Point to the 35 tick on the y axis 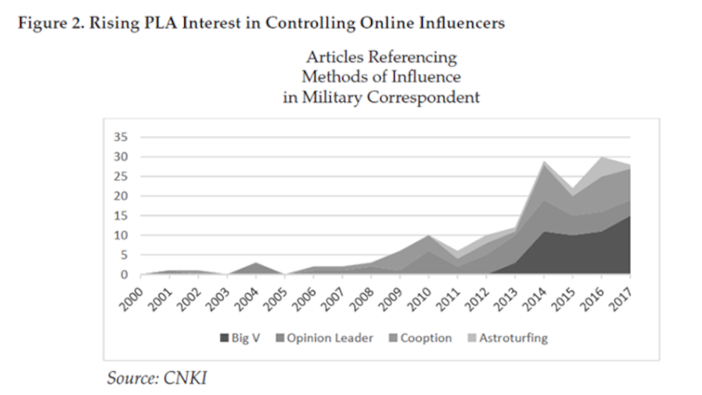click(x=122, y=137)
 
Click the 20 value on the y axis click(x=122, y=196)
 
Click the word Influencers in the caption click(x=460, y=23)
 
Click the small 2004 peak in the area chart click(x=254, y=263)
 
